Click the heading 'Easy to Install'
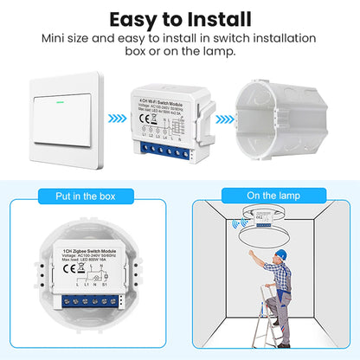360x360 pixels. coord(179,18)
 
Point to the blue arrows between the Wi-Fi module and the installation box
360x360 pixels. coord(224,120)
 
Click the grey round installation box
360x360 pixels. coord(286,121)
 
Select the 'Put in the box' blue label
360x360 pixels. coord(89,196)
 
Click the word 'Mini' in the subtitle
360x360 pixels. coord(55,39)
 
